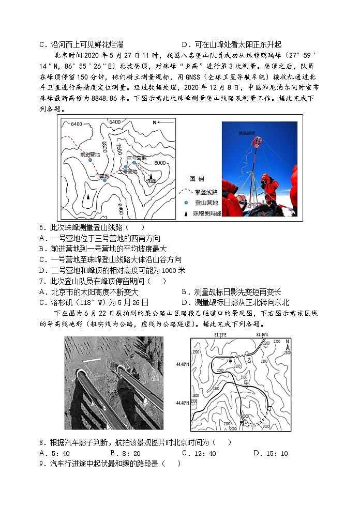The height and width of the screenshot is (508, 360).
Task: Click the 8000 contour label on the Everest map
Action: point(160,163)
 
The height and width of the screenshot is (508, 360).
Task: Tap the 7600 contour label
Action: point(119,149)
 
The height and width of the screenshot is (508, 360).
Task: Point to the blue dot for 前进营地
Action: point(90,160)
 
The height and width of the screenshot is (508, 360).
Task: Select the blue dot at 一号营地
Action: point(104,180)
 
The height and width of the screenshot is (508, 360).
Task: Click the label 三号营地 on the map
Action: point(137,157)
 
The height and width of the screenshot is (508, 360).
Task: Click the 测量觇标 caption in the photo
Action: point(247,133)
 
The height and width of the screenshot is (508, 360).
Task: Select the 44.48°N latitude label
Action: point(182,364)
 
